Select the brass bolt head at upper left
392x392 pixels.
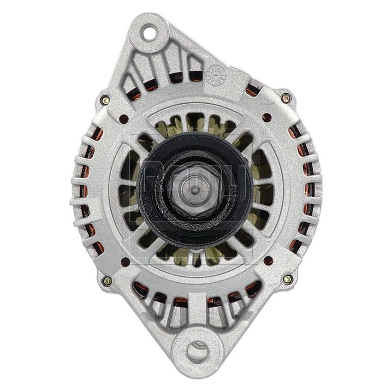coord(106,100)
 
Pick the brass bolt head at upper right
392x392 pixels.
coord(286,98)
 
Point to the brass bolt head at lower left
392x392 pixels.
coord(107,280)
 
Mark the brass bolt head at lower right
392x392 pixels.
coord(286,279)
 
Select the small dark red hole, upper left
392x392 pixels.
coord(124,119)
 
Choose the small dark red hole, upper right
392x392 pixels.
coord(267,117)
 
